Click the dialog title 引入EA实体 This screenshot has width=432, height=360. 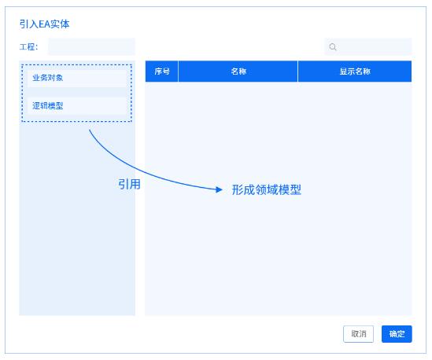point(44,24)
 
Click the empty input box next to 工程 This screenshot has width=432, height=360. point(91,46)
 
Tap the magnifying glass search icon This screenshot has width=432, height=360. point(333,47)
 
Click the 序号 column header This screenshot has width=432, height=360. point(162,72)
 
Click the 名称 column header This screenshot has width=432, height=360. point(238,72)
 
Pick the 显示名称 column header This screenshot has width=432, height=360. point(355,72)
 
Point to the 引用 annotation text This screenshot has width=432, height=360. point(129,184)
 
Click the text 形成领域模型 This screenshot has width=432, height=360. point(267,189)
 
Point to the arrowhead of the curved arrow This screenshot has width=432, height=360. point(220,189)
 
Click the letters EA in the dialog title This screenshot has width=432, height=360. point(44,24)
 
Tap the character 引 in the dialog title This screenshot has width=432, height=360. point(24,24)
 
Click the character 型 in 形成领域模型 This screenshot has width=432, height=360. point(296,189)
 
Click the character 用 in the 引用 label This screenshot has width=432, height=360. point(135,184)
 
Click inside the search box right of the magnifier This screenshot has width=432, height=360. point(375,47)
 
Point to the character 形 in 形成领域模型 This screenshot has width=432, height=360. point(237,189)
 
